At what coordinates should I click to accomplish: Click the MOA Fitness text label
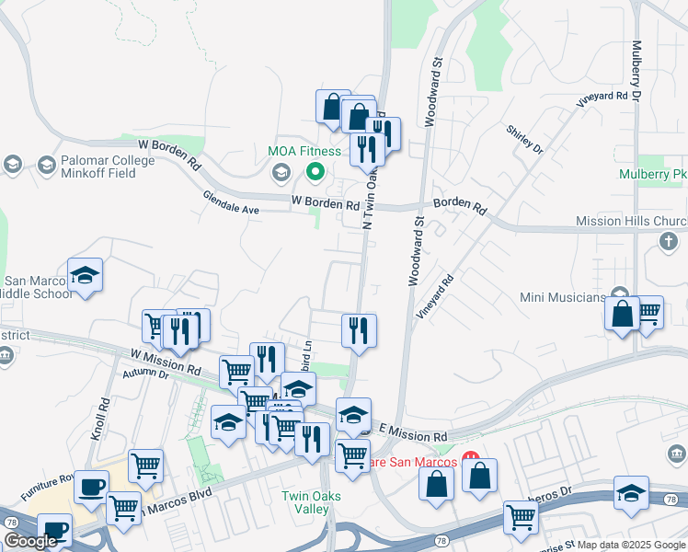point(304,151)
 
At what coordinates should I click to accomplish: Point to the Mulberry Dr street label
point(636,70)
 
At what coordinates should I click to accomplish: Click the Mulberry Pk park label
point(653,173)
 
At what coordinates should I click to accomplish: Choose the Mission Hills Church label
point(631,221)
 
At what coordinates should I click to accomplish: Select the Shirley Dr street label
point(524,139)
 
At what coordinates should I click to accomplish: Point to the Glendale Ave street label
point(231,202)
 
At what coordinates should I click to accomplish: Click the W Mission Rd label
point(166,361)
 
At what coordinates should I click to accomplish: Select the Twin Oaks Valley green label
point(305,502)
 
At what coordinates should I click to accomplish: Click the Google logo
point(30,541)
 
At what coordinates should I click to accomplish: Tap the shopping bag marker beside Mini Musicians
point(623,313)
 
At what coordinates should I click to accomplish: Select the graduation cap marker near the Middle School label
point(86,276)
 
